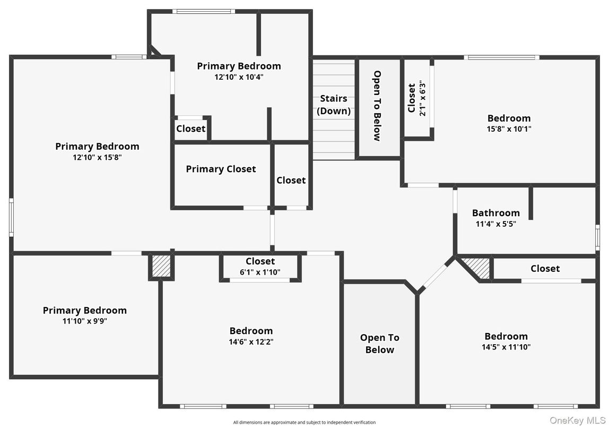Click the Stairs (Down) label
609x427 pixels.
click(334, 105)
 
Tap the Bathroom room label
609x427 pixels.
click(495, 213)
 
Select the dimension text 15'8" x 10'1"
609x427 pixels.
click(509, 129)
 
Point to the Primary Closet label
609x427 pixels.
click(221, 169)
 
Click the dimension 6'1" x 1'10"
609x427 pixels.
click(260, 272)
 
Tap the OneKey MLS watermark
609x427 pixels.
click(578, 421)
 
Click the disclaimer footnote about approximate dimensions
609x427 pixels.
click(304, 422)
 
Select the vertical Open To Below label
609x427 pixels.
click(377, 106)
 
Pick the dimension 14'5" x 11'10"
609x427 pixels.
click(506, 347)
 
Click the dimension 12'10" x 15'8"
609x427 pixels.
click(97, 158)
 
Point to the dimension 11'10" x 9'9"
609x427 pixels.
click(85, 321)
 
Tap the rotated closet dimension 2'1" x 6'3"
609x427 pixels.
click(423, 98)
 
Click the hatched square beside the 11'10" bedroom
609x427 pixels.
click(161, 266)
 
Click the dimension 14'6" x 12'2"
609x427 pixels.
click(251, 342)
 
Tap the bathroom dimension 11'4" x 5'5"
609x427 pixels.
click(495, 224)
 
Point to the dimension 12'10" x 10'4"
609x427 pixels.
click(239, 77)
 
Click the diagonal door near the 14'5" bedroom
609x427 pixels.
click(434, 277)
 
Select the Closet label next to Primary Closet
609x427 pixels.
click(291, 180)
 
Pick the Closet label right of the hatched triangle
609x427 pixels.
click(545, 268)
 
